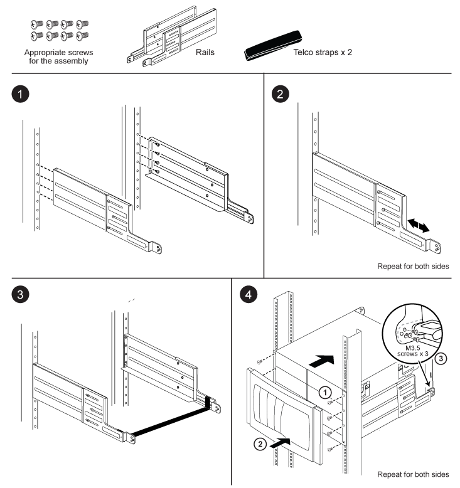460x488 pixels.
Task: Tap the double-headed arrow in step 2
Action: click(x=418, y=225)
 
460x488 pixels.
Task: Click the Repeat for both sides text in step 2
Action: click(x=413, y=266)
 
